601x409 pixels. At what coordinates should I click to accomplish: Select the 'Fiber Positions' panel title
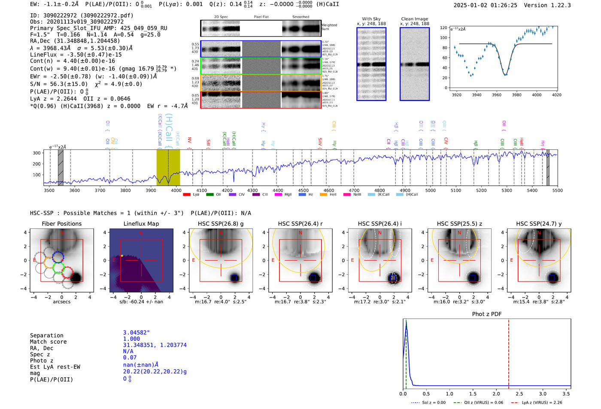(x=61, y=224)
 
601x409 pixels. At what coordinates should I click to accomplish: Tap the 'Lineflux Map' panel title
(x=141, y=224)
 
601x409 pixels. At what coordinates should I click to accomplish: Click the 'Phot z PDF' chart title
(x=487, y=314)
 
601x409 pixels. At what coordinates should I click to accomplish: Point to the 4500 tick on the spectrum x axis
(x=303, y=191)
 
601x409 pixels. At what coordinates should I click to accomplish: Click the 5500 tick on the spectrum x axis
(x=557, y=191)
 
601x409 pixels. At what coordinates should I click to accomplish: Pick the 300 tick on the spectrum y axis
(x=36, y=153)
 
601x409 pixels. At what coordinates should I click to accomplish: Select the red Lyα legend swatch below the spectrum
(x=187, y=194)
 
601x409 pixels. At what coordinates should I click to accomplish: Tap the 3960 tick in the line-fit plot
(x=497, y=95)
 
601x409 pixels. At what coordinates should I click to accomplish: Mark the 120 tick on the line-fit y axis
(x=443, y=27)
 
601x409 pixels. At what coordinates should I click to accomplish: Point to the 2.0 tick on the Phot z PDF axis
(x=496, y=394)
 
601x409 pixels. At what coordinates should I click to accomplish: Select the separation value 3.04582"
(x=136, y=333)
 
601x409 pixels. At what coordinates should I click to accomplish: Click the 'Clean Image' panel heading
(x=414, y=19)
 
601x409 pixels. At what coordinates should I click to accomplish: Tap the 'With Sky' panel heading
(x=371, y=19)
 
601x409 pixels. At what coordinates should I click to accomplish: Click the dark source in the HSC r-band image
(x=313, y=278)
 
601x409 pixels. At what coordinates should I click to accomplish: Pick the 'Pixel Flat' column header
(x=261, y=17)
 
